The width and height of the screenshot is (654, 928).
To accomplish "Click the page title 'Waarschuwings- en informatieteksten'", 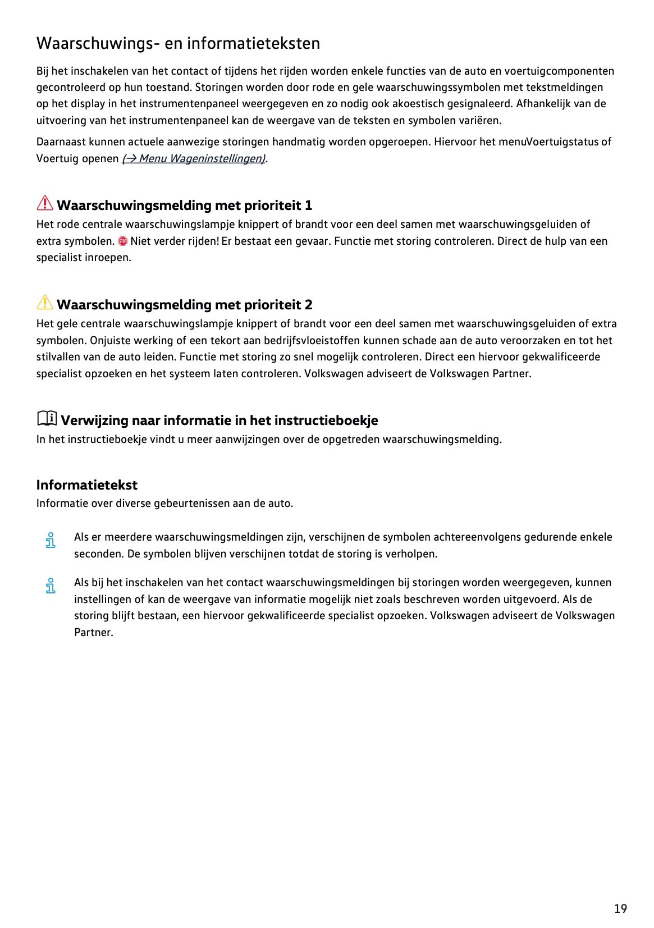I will point(178,43).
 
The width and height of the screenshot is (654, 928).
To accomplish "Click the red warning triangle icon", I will point(45,203).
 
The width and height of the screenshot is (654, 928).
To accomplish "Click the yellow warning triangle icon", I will point(45,303).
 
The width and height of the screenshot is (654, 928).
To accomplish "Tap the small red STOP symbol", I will point(123,241).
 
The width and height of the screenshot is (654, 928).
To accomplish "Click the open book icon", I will point(47,418).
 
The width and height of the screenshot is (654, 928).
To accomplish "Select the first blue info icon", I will point(51,540).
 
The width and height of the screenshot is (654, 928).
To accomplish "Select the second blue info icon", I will point(51,586).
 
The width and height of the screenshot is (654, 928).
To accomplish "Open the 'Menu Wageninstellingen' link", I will point(193,158).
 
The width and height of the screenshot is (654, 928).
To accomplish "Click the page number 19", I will point(620,908).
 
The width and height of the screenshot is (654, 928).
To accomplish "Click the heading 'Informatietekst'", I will point(86,485).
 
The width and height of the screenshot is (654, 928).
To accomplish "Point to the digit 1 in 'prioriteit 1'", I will point(308,205).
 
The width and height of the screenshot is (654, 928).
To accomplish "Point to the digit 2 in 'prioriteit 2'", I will point(308,305).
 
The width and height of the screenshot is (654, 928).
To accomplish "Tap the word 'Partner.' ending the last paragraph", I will point(93,632).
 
